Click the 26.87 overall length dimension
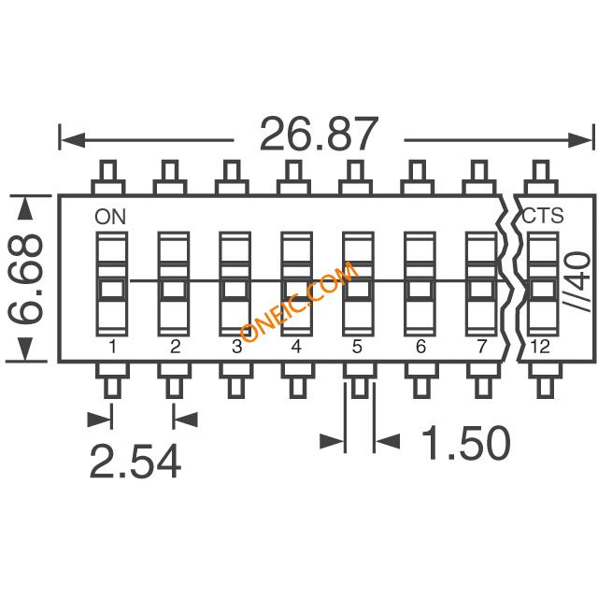tap(319, 134)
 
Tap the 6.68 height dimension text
tap(25, 279)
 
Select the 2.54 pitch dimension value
tap(135, 461)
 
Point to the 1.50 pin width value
tap(465, 442)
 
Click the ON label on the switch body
tap(110, 217)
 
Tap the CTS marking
tap(542, 216)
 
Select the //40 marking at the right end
tap(577, 280)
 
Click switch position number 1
tap(112, 347)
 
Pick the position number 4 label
tap(296, 347)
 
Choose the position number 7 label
tap(482, 347)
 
